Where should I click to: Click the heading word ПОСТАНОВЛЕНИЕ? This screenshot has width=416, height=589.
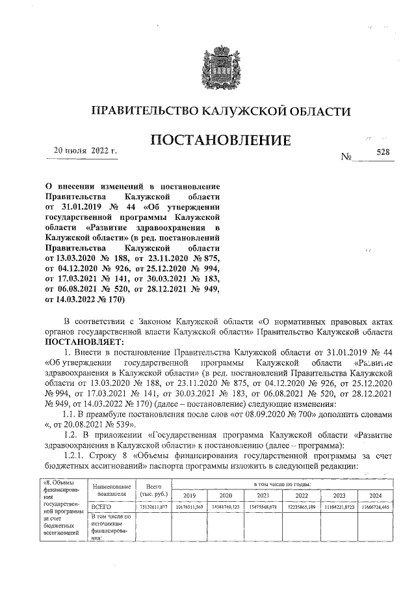coord(220,140)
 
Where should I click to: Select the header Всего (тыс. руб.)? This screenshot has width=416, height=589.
coord(153,490)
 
